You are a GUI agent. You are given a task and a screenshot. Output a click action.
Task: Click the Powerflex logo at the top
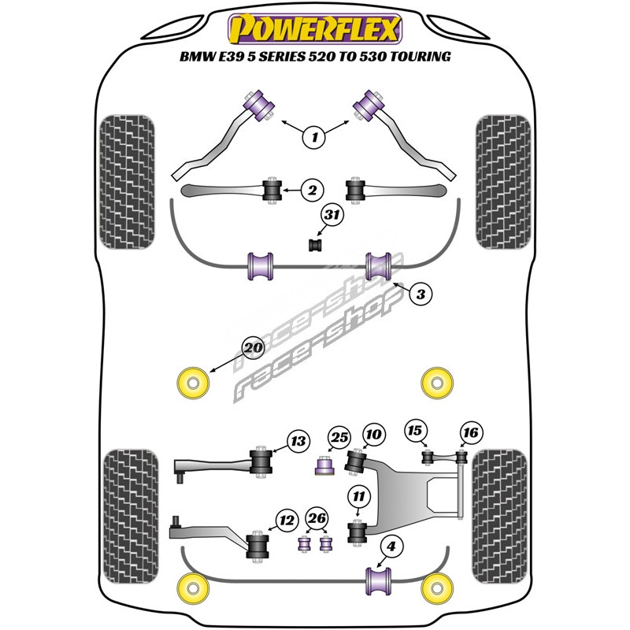315,29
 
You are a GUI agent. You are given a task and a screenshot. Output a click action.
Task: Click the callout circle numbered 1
315,137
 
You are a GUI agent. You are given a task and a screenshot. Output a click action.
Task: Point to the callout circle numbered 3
421,295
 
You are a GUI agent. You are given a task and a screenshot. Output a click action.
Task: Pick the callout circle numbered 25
339,438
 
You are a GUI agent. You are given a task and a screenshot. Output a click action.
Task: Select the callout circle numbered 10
373,433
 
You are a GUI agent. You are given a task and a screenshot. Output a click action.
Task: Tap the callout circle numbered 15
415,431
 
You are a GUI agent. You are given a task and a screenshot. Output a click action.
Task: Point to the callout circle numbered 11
359,496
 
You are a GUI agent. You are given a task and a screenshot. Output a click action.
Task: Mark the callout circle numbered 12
286,519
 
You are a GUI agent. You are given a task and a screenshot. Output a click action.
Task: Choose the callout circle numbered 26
317,518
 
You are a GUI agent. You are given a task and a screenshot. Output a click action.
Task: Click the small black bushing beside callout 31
316,246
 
